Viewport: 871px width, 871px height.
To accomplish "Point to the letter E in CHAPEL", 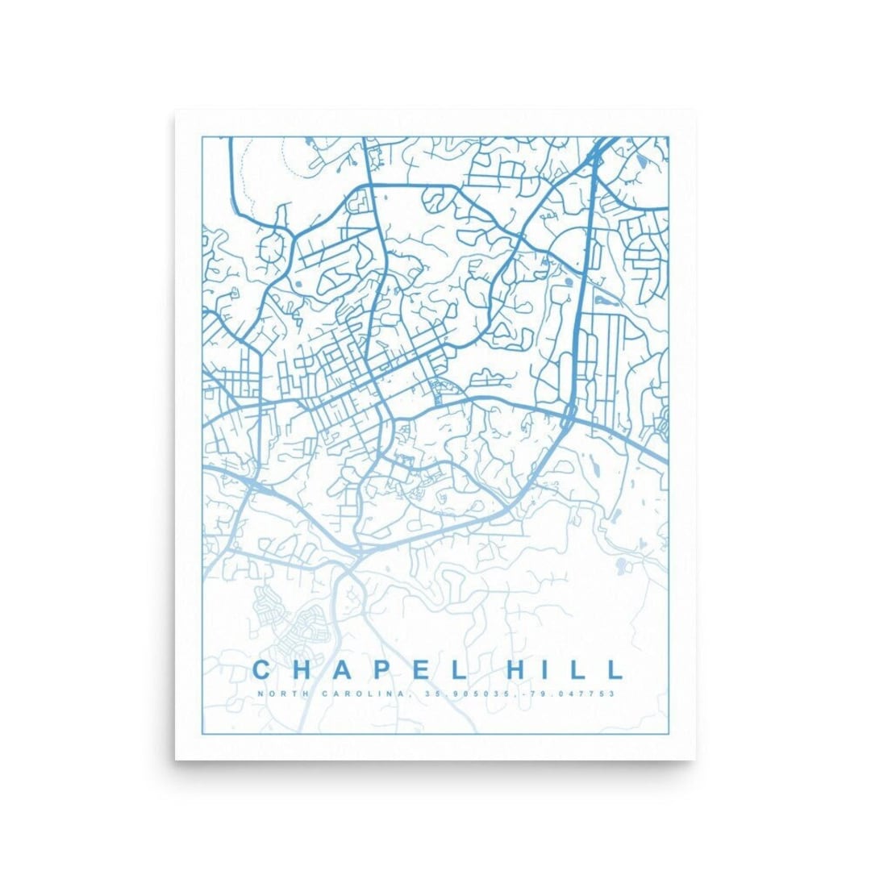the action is point(416,669).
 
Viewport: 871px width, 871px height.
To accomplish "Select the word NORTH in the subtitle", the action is point(274,694).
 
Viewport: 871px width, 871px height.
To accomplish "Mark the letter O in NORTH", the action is point(268,694).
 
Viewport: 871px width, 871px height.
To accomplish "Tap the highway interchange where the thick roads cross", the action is point(569,416).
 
